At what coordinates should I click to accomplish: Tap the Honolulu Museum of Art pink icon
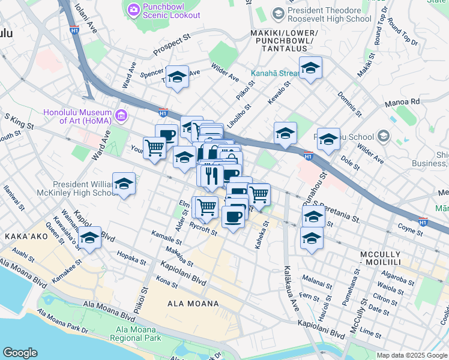[121, 114]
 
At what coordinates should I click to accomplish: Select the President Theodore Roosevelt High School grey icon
[278, 13]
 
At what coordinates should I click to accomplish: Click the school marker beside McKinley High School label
[124, 185]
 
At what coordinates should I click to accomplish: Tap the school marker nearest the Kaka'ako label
[90, 239]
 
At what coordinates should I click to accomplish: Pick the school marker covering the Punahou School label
[328, 140]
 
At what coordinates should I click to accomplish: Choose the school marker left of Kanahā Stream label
[310, 68]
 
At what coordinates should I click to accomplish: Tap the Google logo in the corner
[20, 353]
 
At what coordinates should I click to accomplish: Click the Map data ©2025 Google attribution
[411, 355]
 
